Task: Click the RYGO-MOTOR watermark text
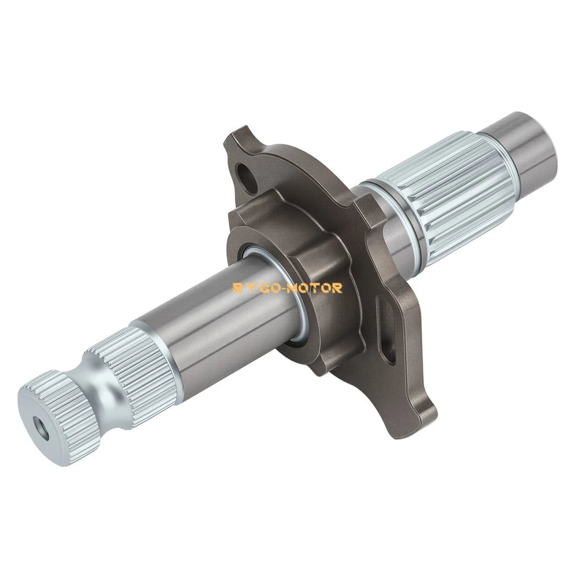pyautogui.click(x=287, y=288)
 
